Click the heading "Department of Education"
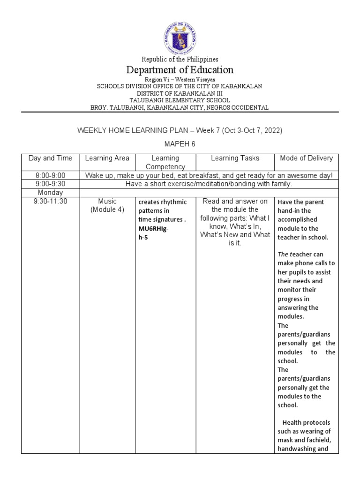coord(180,70)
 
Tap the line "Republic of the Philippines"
coord(180,60)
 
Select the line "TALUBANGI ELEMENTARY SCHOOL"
coord(180,100)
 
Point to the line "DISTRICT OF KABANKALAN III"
coord(180,93)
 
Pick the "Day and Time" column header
coord(50,158)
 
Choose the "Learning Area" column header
coord(107,158)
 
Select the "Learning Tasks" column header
coord(235,158)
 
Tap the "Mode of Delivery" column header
coord(307,158)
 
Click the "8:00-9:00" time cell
coord(50,175)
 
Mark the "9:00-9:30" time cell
coord(50,184)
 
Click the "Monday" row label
coord(50,193)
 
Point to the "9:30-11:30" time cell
coord(50,202)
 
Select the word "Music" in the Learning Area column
coord(107,202)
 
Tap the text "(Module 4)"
coord(107,210)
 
